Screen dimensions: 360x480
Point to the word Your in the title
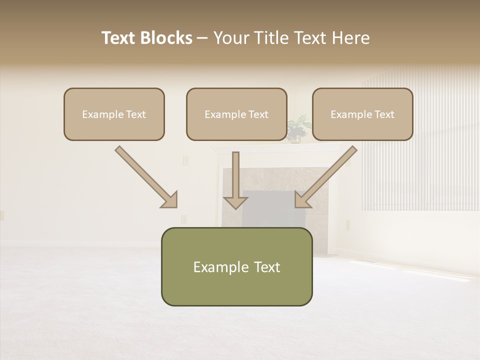pyautogui.click(x=230, y=38)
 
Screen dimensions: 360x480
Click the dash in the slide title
pyautogui.click(x=203, y=38)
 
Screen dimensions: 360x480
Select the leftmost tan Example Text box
pyautogui.click(x=114, y=114)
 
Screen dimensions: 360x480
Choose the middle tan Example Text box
pyautogui.click(x=236, y=114)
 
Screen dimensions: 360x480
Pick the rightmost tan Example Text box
pyautogui.click(x=362, y=114)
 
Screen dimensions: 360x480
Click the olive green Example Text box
pyautogui.click(x=236, y=266)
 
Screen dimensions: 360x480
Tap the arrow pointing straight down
pyautogui.click(x=235, y=182)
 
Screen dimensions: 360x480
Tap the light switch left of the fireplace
pyautogui.click(x=185, y=160)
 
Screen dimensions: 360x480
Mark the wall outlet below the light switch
pyautogui.click(x=183, y=219)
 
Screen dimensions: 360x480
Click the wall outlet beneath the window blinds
pyautogui.click(x=348, y=224)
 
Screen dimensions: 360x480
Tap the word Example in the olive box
pyautogui.click(x=220, y=267)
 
